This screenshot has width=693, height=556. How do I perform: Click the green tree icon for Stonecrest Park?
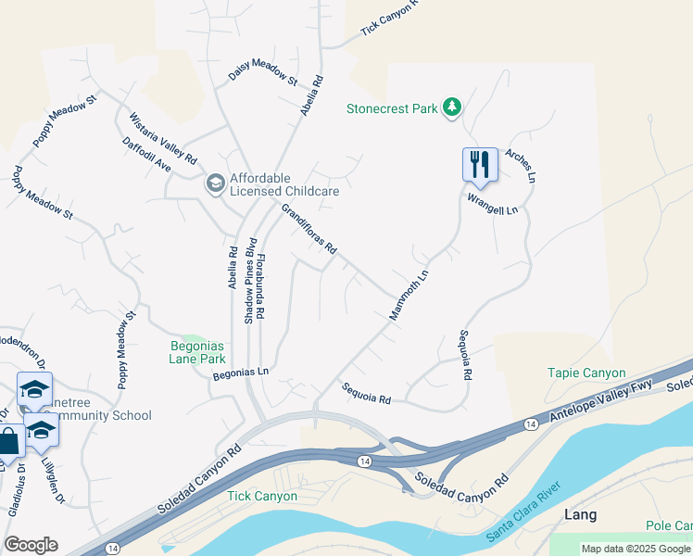point(452,108)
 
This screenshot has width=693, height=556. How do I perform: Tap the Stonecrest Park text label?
point(391,108)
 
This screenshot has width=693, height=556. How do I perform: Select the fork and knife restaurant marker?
point(480,164)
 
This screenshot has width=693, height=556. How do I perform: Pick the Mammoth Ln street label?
point(409,296)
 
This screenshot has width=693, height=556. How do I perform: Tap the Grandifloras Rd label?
point(308,230)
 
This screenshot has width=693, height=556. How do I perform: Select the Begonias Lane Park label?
point(198,353)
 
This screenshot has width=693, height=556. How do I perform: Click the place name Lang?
point(580,514)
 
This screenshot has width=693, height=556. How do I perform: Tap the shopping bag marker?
point(7,442)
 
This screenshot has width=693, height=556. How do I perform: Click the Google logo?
point(31,545)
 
